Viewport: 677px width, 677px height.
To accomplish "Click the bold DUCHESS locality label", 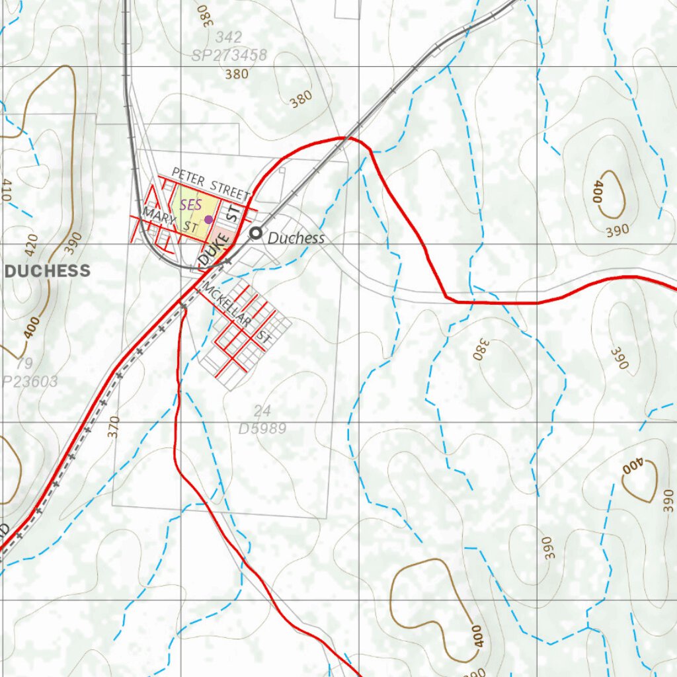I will click(48, 270).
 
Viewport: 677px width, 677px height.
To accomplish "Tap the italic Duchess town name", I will click(296, 238).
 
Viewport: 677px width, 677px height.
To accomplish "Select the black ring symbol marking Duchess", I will click(255, 233).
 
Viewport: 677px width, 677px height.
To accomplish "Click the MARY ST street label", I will click(170, 220).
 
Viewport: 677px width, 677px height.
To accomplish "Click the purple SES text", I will click(190, 205).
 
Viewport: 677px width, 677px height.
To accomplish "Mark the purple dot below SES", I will click(208, 219).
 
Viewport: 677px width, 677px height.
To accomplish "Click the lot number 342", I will click(229, 37).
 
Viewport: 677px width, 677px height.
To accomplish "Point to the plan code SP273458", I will click(229, 56).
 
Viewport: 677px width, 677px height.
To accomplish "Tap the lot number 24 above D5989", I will click(262, 412).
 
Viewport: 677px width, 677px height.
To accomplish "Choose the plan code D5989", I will click(262, 428).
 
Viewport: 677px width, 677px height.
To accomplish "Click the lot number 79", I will click(24, 364).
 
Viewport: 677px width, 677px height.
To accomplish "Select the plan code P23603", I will click(29, 381).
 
